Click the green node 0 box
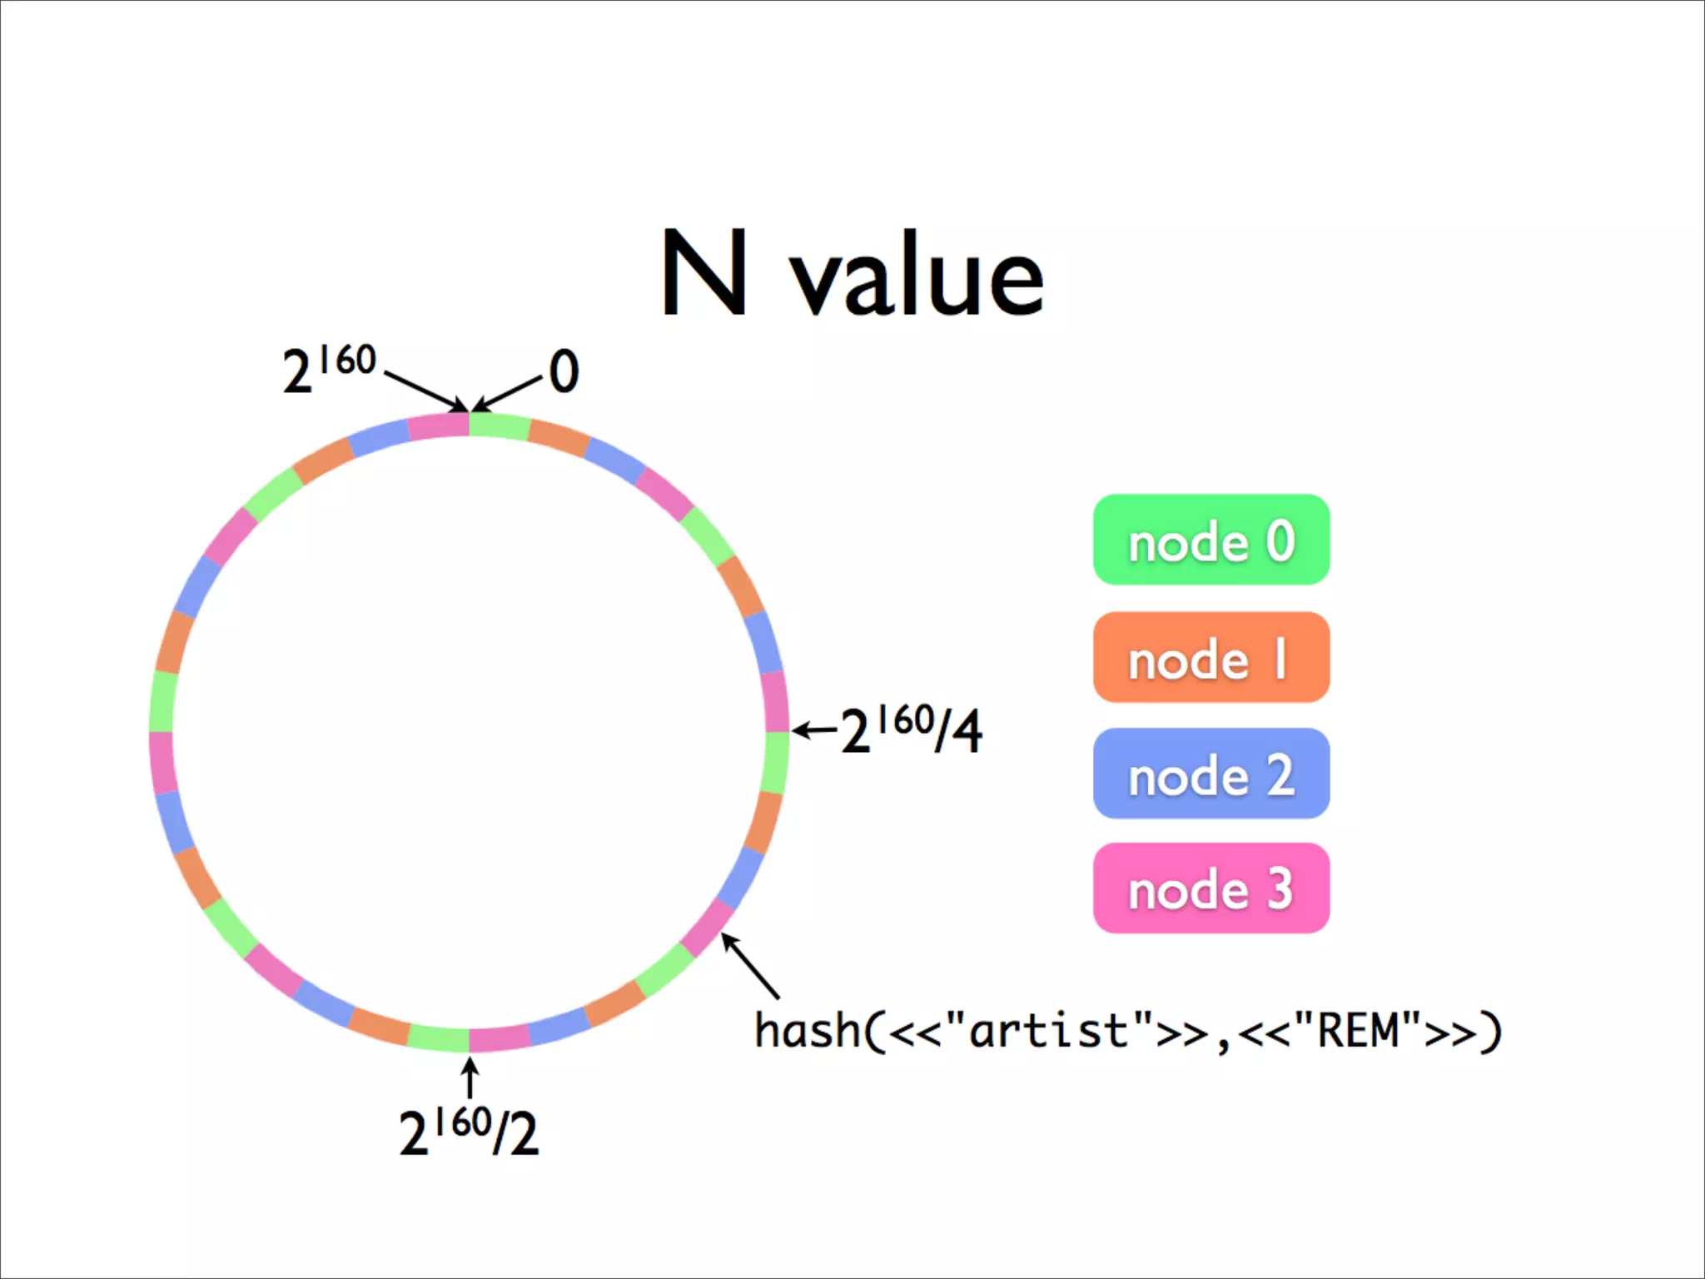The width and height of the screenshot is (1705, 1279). (1210, 540)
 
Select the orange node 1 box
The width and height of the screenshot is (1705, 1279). (1210, 657)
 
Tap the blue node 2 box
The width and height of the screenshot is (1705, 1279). (1210, 774)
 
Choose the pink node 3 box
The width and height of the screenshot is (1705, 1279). (1210, 888)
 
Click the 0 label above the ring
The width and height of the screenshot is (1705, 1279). (564, 371)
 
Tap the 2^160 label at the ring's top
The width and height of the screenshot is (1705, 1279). (329, 367)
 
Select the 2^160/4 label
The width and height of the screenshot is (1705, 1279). (912, 730)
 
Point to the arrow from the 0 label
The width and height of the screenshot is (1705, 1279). (507, 394)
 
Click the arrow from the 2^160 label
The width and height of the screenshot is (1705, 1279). (425, 391)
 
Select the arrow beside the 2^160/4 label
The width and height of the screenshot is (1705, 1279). (815, 731)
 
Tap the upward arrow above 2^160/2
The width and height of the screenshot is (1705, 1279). (470, 1077)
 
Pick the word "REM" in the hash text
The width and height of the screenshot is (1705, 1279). (1358, 1030)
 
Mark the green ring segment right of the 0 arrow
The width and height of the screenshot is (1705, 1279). (498, 425)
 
